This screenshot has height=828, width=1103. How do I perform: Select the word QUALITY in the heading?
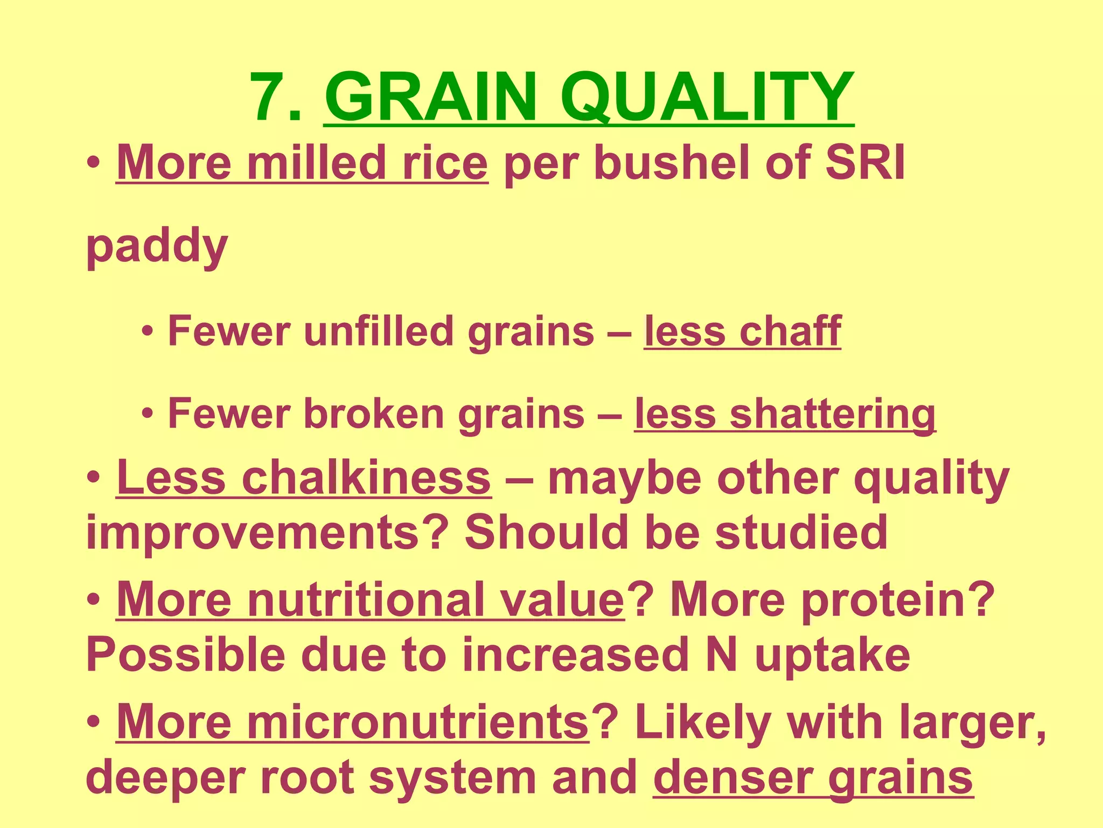(x=707, y=98)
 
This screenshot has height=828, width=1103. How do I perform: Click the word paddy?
(x=157, y=247)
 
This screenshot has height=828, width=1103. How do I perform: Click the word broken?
(x=374, y=414)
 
